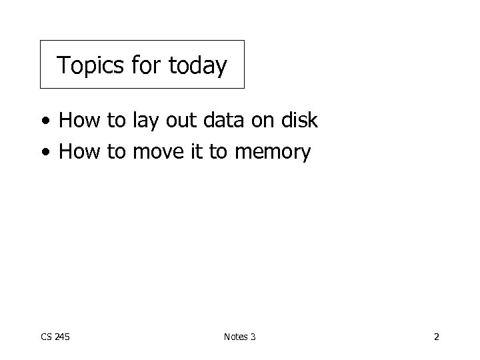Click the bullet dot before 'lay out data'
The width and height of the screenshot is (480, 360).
[44, 121]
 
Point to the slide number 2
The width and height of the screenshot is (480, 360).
[436, 337]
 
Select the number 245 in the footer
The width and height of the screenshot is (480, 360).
[62, 337]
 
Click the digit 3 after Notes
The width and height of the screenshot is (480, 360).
[253, 337]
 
